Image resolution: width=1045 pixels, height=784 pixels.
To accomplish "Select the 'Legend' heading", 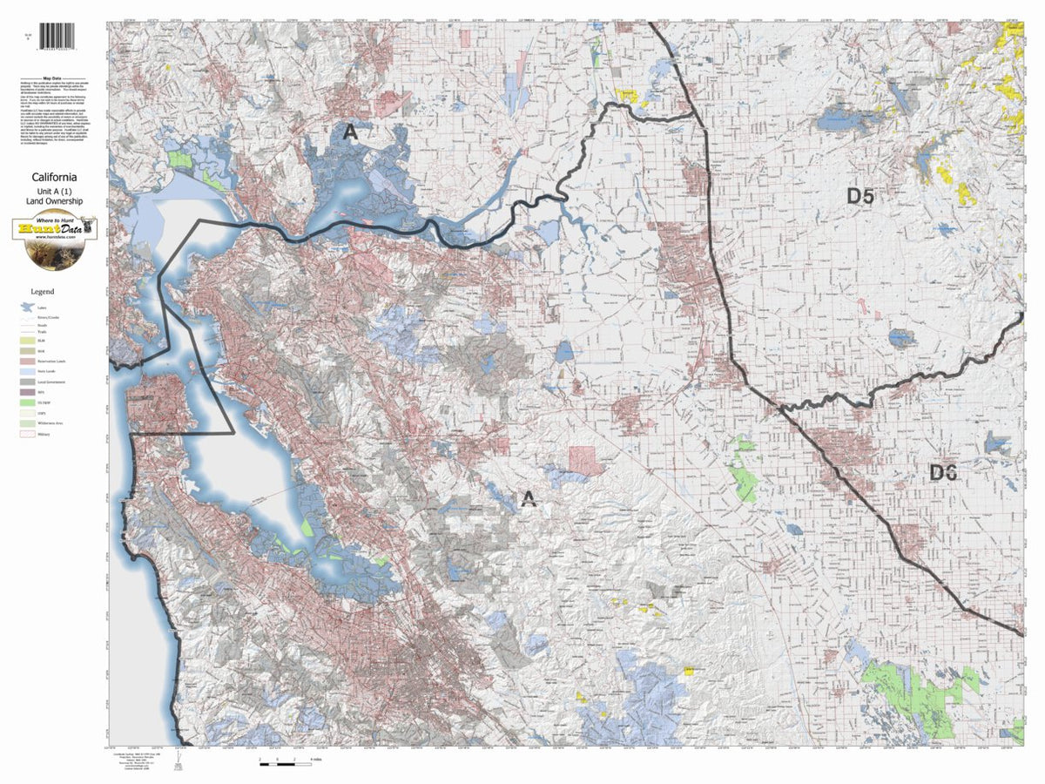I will pyautogui.click(x=42, y=291).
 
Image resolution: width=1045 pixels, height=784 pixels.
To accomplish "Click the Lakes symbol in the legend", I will pyautogui.click(x=27, y=308).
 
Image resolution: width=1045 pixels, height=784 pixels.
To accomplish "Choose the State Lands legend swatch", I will pyautogui.click(x=27, y=371).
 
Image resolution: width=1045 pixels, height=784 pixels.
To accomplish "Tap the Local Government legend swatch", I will pyautogui.click(x=27, y=382).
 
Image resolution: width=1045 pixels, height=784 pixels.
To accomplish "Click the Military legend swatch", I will pyautogui.click(x=27, y=435).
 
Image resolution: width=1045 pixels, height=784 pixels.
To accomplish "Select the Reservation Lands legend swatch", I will pyautogui.click(x=27, y=360).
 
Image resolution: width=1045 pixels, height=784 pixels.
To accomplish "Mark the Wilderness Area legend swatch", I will pyautogui.click(x=27, y=423).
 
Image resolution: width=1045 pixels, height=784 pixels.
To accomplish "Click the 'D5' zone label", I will pyautogui.click(x=860, y=197).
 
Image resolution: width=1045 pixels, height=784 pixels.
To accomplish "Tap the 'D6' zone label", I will pyautogui.click(x=943, y=473).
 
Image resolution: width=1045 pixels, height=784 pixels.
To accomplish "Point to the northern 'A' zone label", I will pyautogui.click(x=350, y=132).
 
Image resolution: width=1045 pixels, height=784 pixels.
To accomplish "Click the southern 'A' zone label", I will pyautogui.click(x=528, y=498).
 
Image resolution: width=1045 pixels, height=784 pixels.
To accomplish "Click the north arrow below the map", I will pyautogui.click(x=179, y=761).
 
